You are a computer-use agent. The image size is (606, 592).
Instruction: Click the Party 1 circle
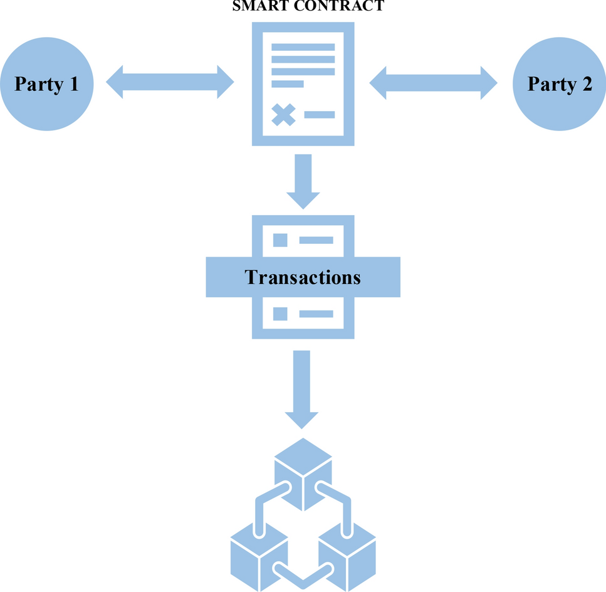pos(46,83)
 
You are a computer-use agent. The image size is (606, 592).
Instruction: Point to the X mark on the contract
pos(283,114)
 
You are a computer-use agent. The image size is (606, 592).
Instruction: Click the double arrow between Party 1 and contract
pos(170,82)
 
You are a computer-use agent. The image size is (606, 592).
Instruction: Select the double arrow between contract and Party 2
pos(433,82)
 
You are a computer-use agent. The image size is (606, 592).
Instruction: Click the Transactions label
pos(303,277)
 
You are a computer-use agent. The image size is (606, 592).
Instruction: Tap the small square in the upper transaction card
pos(280,240)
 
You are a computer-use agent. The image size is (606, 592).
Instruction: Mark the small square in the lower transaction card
pos(280,314)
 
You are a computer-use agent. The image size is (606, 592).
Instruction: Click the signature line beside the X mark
pos(320,114)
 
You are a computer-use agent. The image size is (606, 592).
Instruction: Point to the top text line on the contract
pos(303,47)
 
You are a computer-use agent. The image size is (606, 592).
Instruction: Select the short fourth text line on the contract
pos(287,83)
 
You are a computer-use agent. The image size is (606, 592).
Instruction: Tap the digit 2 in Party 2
pos(586,84)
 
